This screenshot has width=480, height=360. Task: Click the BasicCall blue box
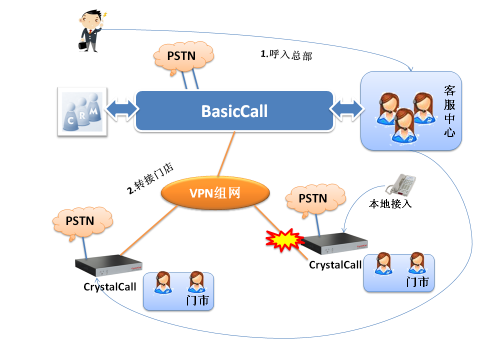234,111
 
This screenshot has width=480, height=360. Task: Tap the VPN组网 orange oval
215,192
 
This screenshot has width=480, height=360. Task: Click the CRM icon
81,111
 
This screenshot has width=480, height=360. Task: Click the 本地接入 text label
390,204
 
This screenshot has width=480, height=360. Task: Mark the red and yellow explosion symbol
283,240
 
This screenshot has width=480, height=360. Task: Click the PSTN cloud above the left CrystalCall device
80,221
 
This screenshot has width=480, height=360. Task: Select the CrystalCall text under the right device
335,265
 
